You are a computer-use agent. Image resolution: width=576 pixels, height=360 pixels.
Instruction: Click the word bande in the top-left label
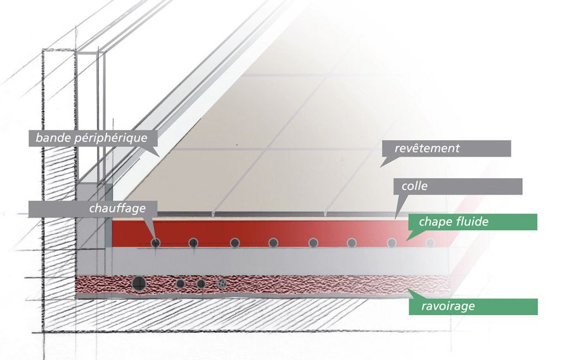tap(53, 138)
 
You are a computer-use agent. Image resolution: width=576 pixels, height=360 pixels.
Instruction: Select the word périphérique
tap(111, 139)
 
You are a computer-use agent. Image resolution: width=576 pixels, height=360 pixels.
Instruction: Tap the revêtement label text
tap(427, 148)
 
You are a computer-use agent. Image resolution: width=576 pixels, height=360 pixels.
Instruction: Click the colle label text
tap(414, 186)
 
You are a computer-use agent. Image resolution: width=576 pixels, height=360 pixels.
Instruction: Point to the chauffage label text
tap(117, 209)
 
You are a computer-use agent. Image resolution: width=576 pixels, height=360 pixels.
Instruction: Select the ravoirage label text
tap(448, 306)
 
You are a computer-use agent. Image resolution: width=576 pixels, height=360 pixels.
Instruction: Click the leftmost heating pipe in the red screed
tap(156, 243)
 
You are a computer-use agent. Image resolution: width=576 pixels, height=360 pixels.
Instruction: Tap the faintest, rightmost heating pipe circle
tap(430, 243)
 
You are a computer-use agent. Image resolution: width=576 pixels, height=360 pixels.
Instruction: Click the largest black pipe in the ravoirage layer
tap(139, 283)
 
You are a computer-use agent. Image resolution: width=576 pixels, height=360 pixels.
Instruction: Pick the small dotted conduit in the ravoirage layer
tap(222, 283)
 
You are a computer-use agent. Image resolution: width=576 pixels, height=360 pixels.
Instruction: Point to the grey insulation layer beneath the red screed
tap(279, 261)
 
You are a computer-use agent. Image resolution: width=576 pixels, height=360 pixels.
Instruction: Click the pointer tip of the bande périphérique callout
tap(160, 157)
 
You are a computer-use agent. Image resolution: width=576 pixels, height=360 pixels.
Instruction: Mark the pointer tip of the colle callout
tap(395, 219)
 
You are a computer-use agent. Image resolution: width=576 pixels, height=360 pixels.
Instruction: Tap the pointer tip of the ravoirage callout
tap(408, 289)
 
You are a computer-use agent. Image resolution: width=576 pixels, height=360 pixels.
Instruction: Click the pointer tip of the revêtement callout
tap(380, 167)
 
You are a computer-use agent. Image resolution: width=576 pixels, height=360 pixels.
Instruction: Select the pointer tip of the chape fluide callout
tap(406, 241)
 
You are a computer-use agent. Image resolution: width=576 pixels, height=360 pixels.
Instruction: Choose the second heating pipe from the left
tap(193, 243)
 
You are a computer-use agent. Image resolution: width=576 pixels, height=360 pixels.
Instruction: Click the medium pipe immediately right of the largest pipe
tap(181, 283)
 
